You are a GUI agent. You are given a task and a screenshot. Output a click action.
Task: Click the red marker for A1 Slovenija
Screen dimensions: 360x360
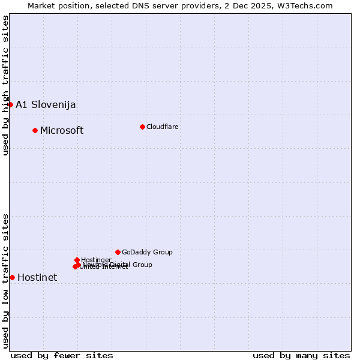[10, 104]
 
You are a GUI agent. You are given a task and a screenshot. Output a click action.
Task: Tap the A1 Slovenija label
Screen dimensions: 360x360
[46, 104]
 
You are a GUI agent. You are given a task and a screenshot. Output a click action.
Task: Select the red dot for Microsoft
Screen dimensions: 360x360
[35, 130]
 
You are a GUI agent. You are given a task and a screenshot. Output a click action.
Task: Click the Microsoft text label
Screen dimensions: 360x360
[62, 130]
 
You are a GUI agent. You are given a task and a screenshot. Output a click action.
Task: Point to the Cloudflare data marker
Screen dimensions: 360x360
[142, 127]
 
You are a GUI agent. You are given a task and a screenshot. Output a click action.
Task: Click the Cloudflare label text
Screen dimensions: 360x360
[163, 127]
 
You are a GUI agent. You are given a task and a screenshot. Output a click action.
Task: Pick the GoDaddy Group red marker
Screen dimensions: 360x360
[118, 252]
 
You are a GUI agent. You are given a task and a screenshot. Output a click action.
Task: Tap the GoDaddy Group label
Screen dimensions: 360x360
[147, 252]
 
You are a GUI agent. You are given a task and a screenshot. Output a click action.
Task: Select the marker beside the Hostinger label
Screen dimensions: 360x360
[77, 260]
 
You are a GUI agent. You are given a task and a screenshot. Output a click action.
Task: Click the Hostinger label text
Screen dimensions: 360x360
[96, 260]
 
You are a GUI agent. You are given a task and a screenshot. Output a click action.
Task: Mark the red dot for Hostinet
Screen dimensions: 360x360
[12, 277]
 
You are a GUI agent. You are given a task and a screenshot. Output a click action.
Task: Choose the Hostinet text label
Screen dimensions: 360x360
[37, 277]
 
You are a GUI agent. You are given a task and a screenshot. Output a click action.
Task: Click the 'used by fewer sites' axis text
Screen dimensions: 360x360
[62, 355]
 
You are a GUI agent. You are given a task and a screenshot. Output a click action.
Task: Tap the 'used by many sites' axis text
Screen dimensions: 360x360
[301, 355]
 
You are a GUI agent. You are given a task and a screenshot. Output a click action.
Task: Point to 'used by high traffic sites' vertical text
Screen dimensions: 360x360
[5, 85]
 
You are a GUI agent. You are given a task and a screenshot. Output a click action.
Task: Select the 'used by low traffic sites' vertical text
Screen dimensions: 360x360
[5, 280]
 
